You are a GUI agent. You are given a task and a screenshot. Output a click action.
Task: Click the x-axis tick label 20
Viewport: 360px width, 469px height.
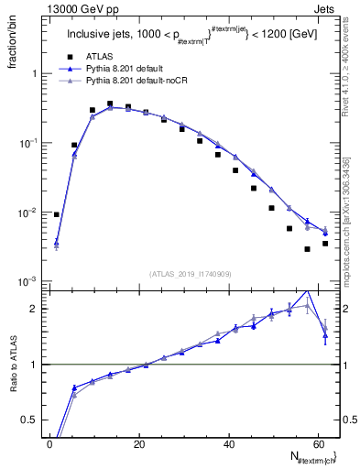(139, 443)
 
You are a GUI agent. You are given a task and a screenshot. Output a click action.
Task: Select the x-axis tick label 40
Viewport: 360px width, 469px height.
(229, 443)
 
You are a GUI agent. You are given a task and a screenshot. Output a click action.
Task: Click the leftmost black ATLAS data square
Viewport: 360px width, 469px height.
(57, 214)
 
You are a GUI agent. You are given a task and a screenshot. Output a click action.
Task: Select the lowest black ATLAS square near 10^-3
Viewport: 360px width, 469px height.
(308, 249)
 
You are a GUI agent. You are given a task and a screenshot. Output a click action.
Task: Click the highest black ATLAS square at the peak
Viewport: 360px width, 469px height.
(110, 104)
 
